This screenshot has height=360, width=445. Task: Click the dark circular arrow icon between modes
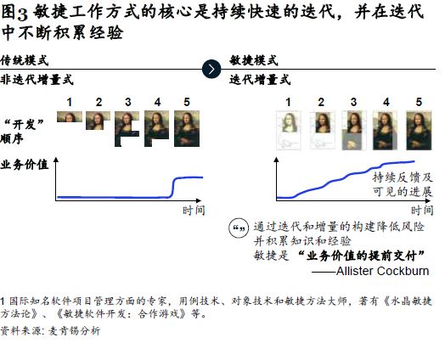(x=211, y=70)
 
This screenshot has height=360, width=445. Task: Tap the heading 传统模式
(x=25, y=60)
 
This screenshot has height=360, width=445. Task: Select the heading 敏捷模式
(x=254, y=60)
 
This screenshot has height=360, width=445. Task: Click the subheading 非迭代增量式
(x=37, y=80)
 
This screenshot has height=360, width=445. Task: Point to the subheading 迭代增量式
(x=260, y=80)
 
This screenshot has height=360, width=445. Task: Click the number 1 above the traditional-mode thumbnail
(x=70, y=102)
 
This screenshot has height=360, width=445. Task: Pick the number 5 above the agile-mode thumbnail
(x=419, y=102)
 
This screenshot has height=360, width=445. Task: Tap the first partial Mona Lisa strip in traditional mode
(x=70, y=116)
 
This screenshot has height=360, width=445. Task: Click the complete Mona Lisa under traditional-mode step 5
(x=187, y=128)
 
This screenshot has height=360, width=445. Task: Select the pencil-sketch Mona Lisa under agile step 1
(x=289, y=130)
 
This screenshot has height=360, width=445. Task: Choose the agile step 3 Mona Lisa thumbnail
(x=354, y=130)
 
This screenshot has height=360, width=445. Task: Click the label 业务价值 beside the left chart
(x=25, y=165)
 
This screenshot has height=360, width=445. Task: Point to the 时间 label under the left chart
(x=194, y=211)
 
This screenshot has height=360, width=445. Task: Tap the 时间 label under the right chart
(x=422, y=211)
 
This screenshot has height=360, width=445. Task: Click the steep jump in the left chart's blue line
(x=172, y=188)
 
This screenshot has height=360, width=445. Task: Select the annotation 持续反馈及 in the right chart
(x=403, y=177)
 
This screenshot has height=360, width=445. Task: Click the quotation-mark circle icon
(x=239, y=228)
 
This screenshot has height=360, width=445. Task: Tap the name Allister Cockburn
(x=382, y=271)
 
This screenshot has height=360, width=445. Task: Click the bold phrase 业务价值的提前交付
(x=362, y=256)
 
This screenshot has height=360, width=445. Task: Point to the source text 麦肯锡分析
(x=75, y=331)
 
